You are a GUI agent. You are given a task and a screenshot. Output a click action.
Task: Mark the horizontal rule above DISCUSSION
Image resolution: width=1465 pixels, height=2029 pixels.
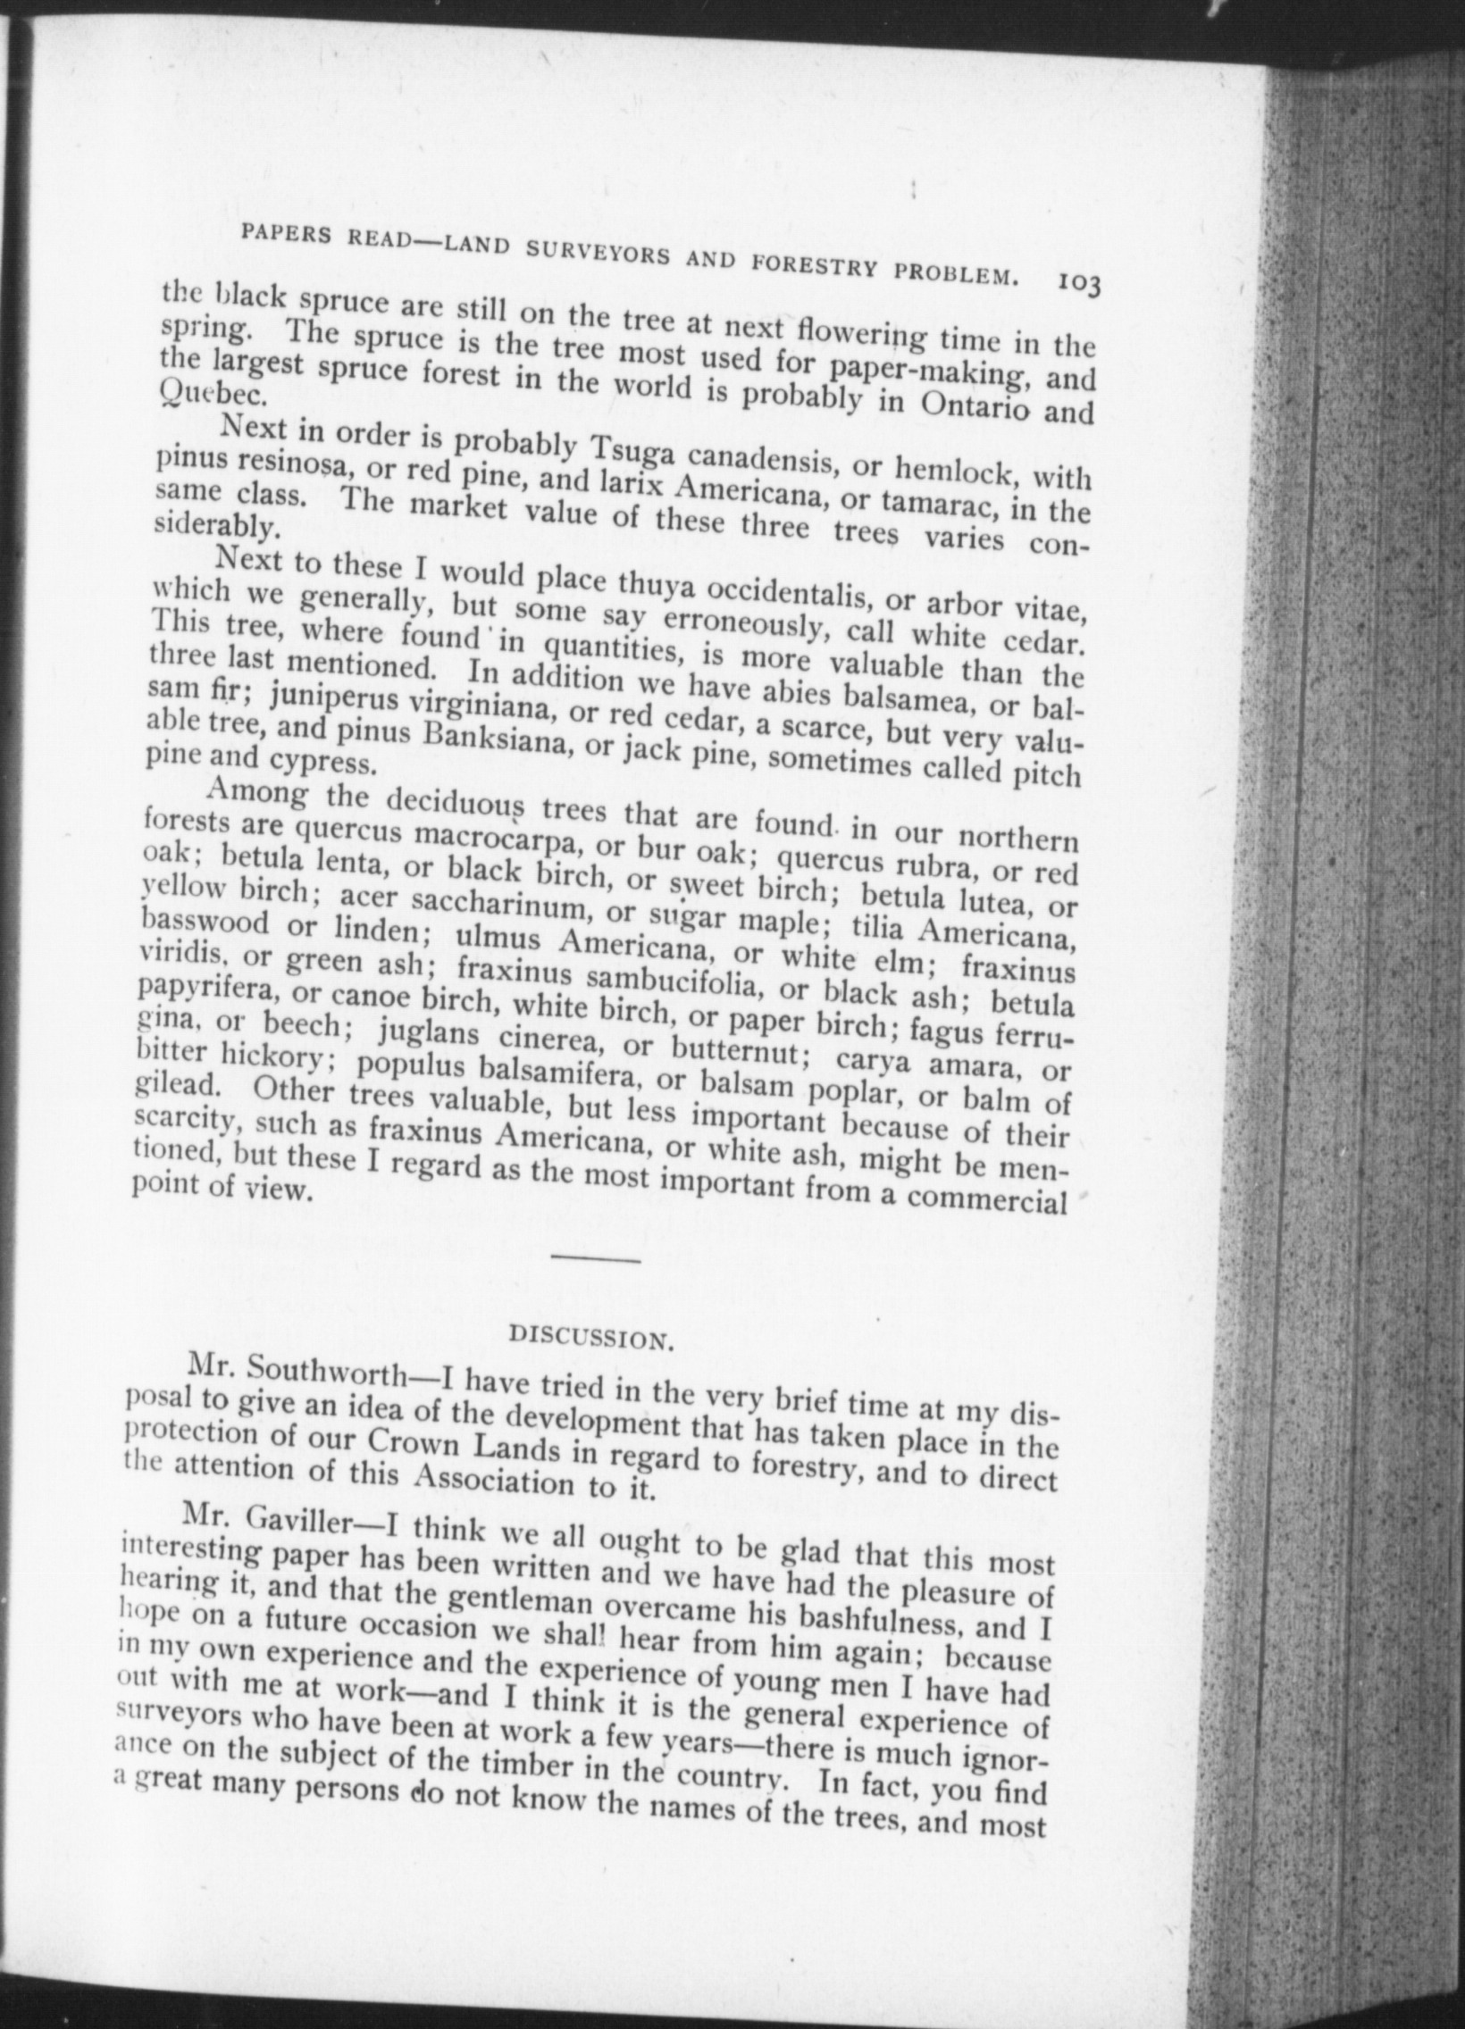pos(597,1260)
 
